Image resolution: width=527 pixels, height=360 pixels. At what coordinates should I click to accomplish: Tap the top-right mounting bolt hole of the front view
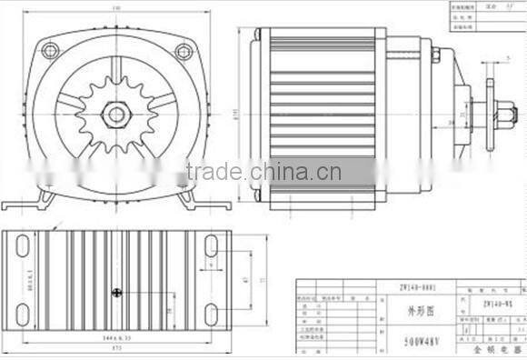pyautogui.click(x=184, y=51)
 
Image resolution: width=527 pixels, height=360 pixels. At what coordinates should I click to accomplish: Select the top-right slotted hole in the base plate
pyautogui.click(x=211, y=245)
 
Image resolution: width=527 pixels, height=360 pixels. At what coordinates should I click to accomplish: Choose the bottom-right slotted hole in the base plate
pyautogui.click(x=211, y=314)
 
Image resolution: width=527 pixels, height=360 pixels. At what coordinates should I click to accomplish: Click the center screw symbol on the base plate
pyautogui.click(x=117, y=292)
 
